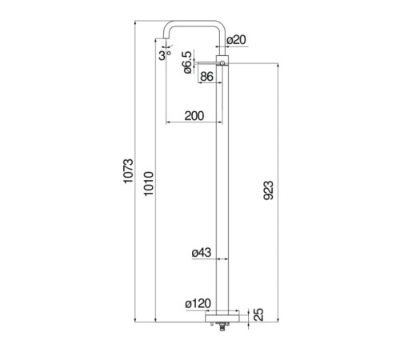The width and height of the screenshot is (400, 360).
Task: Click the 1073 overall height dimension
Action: click(128, 171)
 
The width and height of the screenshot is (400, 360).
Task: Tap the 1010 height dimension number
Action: click(149, 184)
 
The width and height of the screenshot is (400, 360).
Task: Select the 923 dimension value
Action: click(268, 190)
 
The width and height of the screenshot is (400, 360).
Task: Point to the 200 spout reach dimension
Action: click(194, 116)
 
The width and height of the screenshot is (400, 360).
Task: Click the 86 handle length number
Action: click(206, 77)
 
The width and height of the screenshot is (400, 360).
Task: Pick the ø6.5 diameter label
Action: click(187, 62)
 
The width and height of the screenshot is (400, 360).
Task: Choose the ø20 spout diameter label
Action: click(236, 40)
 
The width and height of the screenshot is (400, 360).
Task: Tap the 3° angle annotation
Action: click(165, 56)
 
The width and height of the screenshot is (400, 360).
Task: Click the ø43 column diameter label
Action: click(202, 252)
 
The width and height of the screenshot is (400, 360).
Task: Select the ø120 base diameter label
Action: click(198, 303)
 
